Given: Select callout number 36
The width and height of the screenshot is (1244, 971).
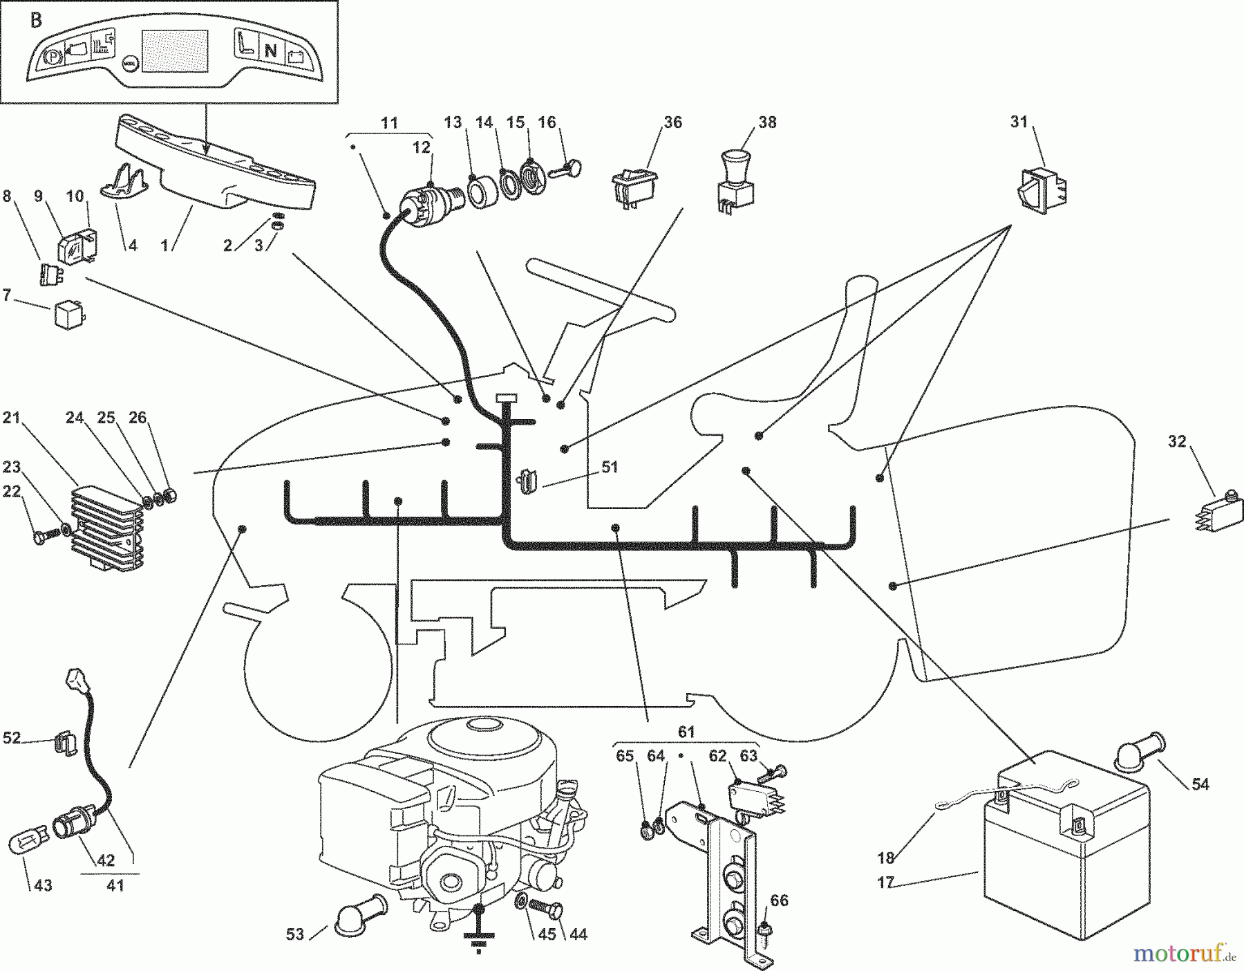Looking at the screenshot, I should point(672,122).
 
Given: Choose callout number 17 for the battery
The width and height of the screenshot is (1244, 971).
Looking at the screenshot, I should point(885,882).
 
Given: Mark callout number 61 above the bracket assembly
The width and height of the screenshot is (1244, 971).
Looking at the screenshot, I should point(686,732).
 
